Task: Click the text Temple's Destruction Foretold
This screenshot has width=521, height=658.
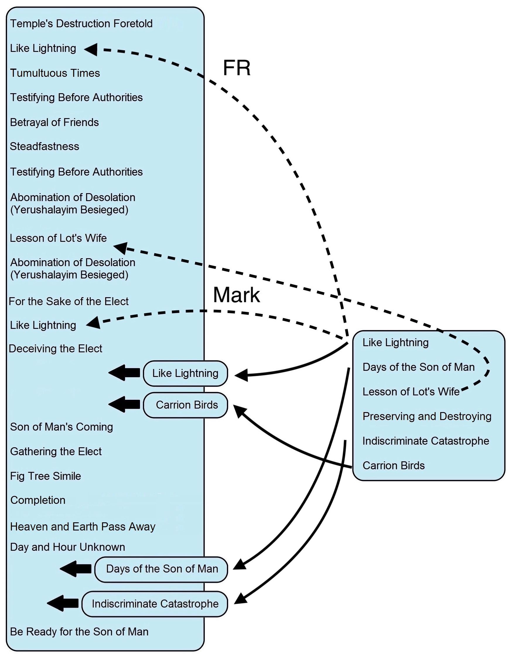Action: (x=81, y=23)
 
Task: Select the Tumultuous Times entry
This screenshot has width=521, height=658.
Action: (x=55, y=73)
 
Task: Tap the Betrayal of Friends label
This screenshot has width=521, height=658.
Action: (x=54, y=122)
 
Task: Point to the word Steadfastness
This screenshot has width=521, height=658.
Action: (x=45, y=146)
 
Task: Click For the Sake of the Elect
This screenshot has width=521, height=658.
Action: (x=69, y=301)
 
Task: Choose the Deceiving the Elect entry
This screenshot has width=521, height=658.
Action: (x=56, y=348)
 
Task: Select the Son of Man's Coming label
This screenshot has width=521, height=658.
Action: (x=61, y=426)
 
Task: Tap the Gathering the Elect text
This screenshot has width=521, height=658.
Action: (x=56, y=451)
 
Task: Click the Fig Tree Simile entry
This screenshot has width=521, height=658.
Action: (x=45, y=476)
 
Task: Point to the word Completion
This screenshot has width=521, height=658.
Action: (x=38, y=500)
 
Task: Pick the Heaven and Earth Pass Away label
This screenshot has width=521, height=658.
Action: (x=83, y=526)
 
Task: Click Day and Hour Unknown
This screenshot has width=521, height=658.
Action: (x=67, y=547)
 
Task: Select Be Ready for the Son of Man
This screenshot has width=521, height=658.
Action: (x=79, y=631)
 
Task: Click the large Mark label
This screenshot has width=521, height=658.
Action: (x=236, y=295)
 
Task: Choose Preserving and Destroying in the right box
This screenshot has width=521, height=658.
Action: (x=427, y=416)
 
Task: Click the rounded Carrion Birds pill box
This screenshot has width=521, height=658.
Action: (x=185, y=405)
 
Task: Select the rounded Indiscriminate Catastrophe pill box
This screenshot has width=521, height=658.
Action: (x=155, y=604)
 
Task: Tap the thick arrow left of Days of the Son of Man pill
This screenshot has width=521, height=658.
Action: (x=76, y=569)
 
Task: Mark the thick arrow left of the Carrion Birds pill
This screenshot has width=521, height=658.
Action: (x=124, y=404)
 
